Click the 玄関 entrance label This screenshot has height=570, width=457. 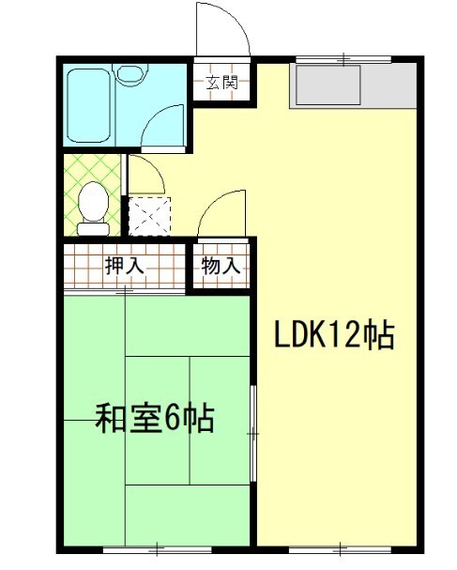pyautogui.click(x=221, y=82)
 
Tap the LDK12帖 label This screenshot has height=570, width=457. pyautogui.click(x=333, y=335)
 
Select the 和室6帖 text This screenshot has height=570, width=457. pyautogui.click(x=155, y=417)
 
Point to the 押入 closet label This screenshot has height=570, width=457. pyautogui.click(x=124, y=266)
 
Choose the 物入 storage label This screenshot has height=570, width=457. pyautogui.click(x=221, y=266)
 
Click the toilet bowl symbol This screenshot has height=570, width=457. pyautogui.click(x=92, y=205)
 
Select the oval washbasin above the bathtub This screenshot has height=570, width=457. pyautogui.click(x=129, y=72)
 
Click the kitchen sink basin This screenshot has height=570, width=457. pyautogui.click(x=328, y=86)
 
